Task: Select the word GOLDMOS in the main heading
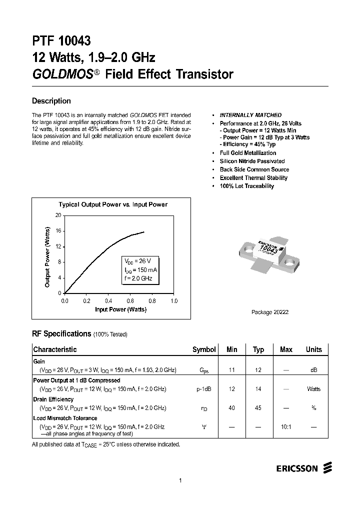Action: (x=62, y=74)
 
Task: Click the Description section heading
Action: (x=51, y=101)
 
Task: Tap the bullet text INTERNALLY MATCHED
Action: (x=250, y=115)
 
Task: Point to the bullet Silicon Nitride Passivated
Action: (x=252, y=161)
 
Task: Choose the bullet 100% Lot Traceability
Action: (x=246, y=186)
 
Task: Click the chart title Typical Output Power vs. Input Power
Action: (x=113, y=204)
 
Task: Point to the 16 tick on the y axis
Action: (x=58, y=230)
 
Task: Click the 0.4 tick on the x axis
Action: (x=108, y=301)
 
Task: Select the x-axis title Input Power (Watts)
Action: (x=120, y=309)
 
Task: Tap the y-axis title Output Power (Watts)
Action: (x=47, y=257)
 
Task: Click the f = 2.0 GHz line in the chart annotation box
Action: (x=138, y=278)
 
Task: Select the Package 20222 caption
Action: (x=269, y=312)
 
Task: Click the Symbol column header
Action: (x=204, y=349)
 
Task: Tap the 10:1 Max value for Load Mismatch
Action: (x=286, y=426)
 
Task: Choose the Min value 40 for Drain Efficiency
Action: (x=231, y=408)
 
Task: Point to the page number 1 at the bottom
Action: (x=179, y=480)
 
